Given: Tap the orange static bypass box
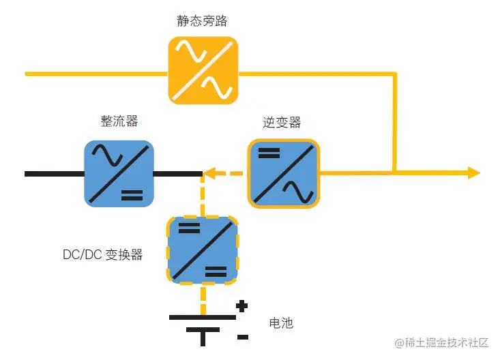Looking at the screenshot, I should point(203,70).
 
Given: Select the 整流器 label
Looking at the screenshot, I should point(119,121).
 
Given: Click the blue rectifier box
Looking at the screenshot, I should point(119,173).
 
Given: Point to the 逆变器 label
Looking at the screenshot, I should point(282,123).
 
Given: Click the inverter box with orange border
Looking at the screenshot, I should point(282,173).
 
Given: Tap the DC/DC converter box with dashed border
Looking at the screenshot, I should point(203,250).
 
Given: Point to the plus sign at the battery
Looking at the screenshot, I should point(241,306).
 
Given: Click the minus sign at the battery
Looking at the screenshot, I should point(242,336).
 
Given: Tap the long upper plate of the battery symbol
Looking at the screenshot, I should point(203,317).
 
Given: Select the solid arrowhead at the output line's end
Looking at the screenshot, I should point(473,173).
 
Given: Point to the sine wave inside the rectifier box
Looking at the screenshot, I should point(108,157).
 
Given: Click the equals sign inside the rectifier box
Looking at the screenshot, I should point(132,196).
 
